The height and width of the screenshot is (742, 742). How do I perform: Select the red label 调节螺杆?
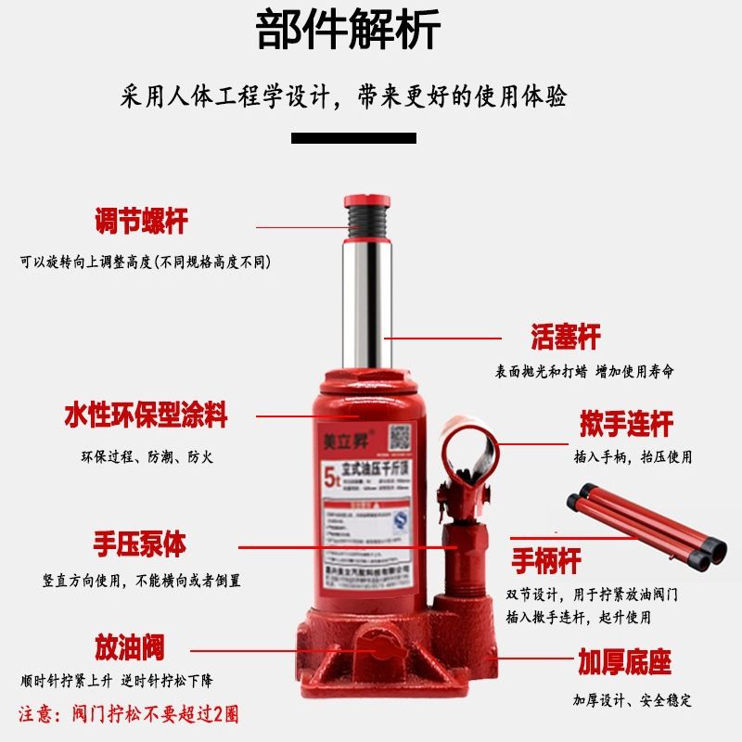[141, 222]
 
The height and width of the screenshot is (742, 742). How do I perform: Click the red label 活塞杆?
[566, 337]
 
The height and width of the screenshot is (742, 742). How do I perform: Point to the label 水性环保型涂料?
[146, 415]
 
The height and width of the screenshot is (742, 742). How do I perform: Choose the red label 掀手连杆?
[625, 424]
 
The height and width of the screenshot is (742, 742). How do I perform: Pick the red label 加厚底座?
[624, 662]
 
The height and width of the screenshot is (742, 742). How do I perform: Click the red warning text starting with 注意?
[129, 715]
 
